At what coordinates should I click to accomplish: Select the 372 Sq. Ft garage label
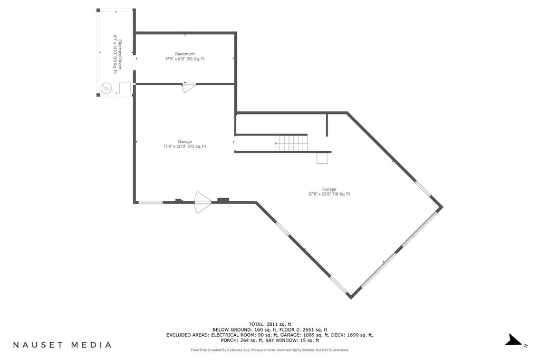pos(185,144)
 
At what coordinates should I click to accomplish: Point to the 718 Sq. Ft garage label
pos(329,192)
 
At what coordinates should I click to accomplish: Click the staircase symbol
pos(291,143)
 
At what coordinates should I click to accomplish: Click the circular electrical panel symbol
pos(106,88)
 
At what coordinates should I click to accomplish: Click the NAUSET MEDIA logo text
pos(62,345)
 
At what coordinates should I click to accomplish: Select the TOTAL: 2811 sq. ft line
pos(270,324)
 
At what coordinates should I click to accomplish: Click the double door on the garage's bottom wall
pos(203,202)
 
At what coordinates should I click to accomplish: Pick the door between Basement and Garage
pos(189,87)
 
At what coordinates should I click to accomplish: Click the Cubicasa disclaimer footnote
pos(270,350)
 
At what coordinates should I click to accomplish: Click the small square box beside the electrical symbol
pos(124,89)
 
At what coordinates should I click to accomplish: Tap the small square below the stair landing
pos(323,158)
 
